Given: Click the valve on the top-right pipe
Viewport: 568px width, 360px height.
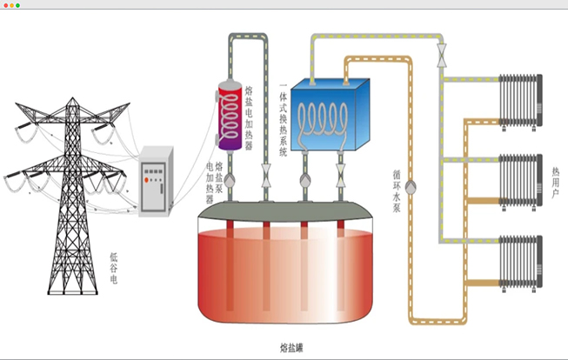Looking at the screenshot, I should tap(441, 54).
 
